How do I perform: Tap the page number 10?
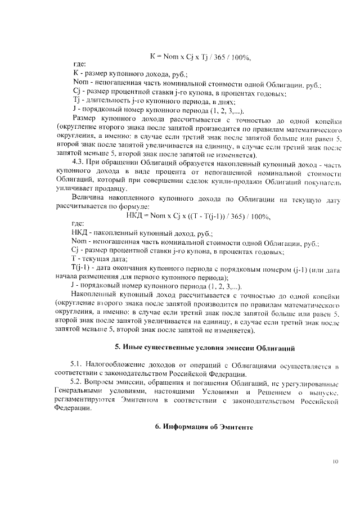[335, 462]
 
